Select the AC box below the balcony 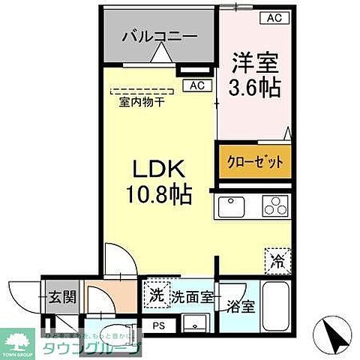pos(196,85)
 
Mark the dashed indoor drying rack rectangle pos(142,91)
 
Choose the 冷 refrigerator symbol pos(276,262)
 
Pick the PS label pos(158,325)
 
